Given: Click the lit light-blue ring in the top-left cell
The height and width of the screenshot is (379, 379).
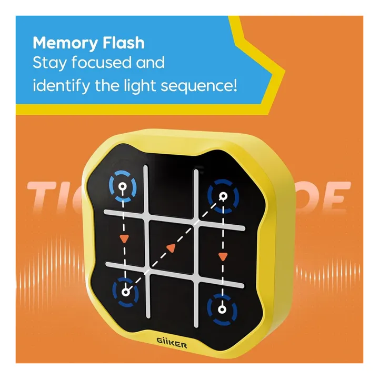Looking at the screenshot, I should pyautogui.click(x=123, y=186).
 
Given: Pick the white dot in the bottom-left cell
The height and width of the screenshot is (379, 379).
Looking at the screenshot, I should pyautogui.click(x=125, y=291).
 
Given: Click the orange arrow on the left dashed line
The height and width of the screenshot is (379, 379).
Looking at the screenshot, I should pyautogui.click(x=124, y=238).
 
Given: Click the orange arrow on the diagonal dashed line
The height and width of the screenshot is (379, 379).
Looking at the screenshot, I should pyautogui.click(x=171, y=247).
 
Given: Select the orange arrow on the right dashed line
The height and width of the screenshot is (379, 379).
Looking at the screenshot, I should pyautogui.click(x=222, y=256).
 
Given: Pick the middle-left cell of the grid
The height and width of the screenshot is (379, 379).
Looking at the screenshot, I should pyautogui.click(x=124, y=237).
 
